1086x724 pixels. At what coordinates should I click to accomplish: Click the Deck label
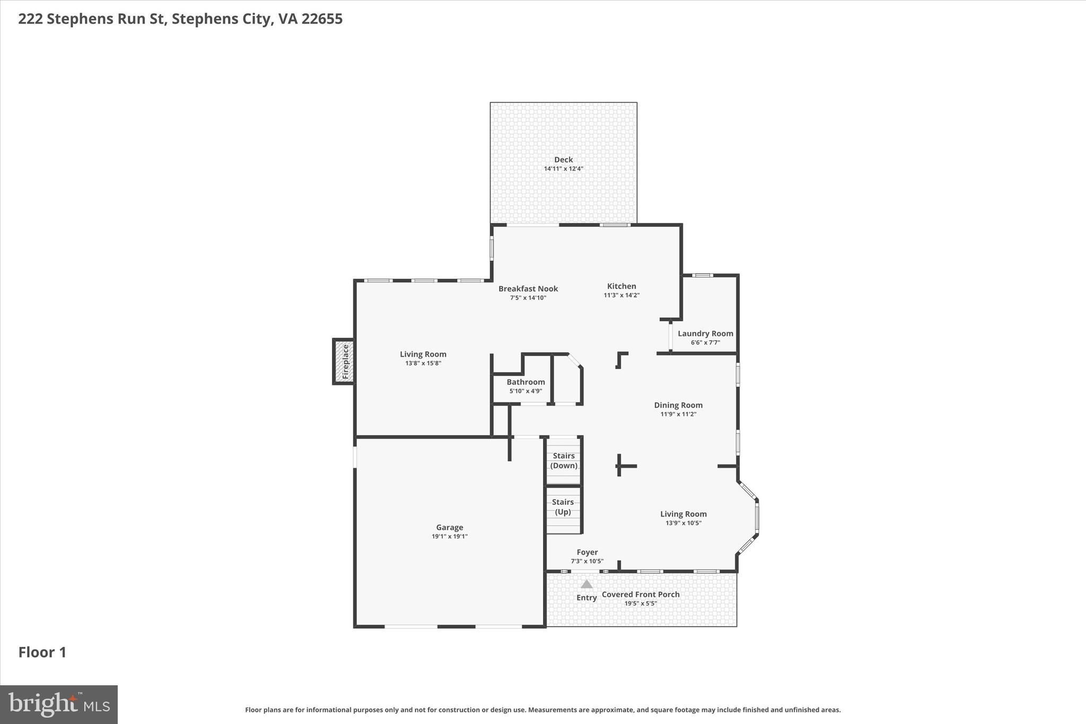pyautogui.click(x=563, y=160)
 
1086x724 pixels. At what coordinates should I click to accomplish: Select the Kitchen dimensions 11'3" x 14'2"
pyautogui.click(x=621, y=295)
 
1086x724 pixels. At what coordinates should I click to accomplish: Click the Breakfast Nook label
pyautogui.click(x=528, y=289)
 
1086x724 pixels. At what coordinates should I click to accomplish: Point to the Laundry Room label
pyautogui.click(x=705, y=334)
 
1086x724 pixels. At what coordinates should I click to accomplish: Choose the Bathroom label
pyautogui.click(x=526, y=382)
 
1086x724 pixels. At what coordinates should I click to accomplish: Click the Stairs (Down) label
pyautogui.click(x=564, y=460)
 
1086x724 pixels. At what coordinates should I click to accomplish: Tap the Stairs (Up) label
pyautogui.click(x=563, y=507)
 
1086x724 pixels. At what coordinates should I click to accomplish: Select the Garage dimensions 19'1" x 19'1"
pyautogui.click(x=449, y=536)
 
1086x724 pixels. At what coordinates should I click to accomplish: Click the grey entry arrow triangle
pyautogui.click(x=586, y=584)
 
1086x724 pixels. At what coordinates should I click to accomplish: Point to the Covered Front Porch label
pyautogui.click(x=641, y=595)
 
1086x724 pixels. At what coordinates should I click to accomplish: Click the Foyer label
pyautogui.click(x=587, y=552)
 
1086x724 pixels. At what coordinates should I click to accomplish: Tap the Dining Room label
pyautogui.click(x=678, y=405)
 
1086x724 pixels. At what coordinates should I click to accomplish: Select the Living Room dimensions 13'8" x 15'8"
pyautogui.click(x=423, y=363)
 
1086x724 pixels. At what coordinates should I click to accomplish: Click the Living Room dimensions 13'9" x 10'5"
pyautogui.click(x=683, y=523)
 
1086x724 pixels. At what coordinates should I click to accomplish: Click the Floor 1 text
pyautogui.click(x=42, y=652)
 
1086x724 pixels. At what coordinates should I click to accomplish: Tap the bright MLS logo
pyautogui.click(x=59, y=704)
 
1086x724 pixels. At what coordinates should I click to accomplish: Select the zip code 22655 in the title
pyautogui.click(x=322, y=19)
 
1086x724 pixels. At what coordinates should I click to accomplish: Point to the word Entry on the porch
pyautogui.click(x=586, y=598)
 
